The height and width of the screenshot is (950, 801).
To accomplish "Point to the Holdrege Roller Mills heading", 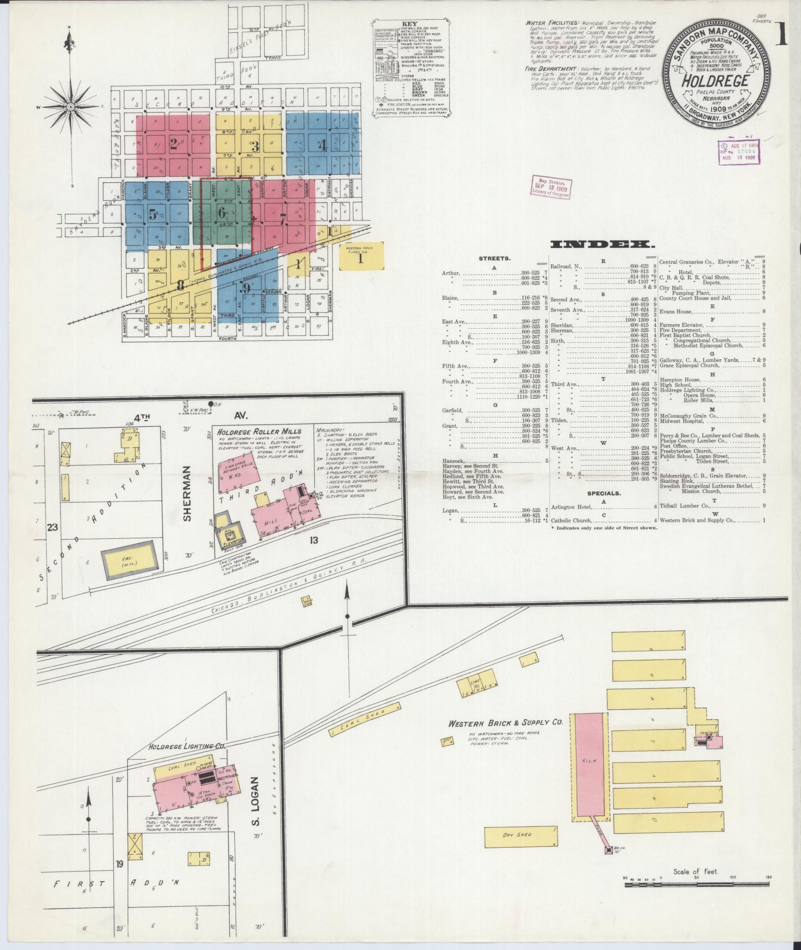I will pos(259,432).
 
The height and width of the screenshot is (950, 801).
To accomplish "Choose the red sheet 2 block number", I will pos(173,145).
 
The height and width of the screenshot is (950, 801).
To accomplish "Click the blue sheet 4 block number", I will pos(322,146).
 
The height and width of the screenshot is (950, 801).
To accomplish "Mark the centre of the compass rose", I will pos(71,107).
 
